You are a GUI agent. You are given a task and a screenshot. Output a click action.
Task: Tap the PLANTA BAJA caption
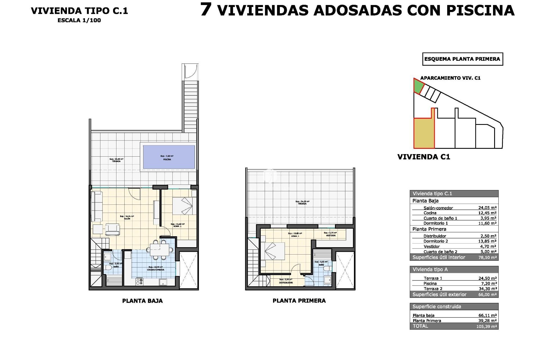point(142,301)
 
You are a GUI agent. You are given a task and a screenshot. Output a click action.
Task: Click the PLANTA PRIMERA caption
point(299,301)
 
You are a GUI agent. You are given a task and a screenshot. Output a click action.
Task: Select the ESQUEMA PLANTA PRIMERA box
point(462,59)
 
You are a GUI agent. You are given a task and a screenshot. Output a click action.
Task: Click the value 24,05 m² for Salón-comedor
point(487,208)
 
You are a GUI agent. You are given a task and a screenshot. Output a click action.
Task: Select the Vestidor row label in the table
point(431,246)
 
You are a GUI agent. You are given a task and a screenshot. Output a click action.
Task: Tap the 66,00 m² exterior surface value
point(487,294)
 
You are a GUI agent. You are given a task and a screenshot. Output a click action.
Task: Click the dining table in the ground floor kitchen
point(159,249)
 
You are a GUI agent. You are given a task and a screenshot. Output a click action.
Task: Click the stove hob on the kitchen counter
point(139,282)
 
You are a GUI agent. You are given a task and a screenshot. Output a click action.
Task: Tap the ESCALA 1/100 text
point(79,20)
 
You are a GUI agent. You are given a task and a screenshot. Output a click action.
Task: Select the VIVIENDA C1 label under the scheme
point(424,157)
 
